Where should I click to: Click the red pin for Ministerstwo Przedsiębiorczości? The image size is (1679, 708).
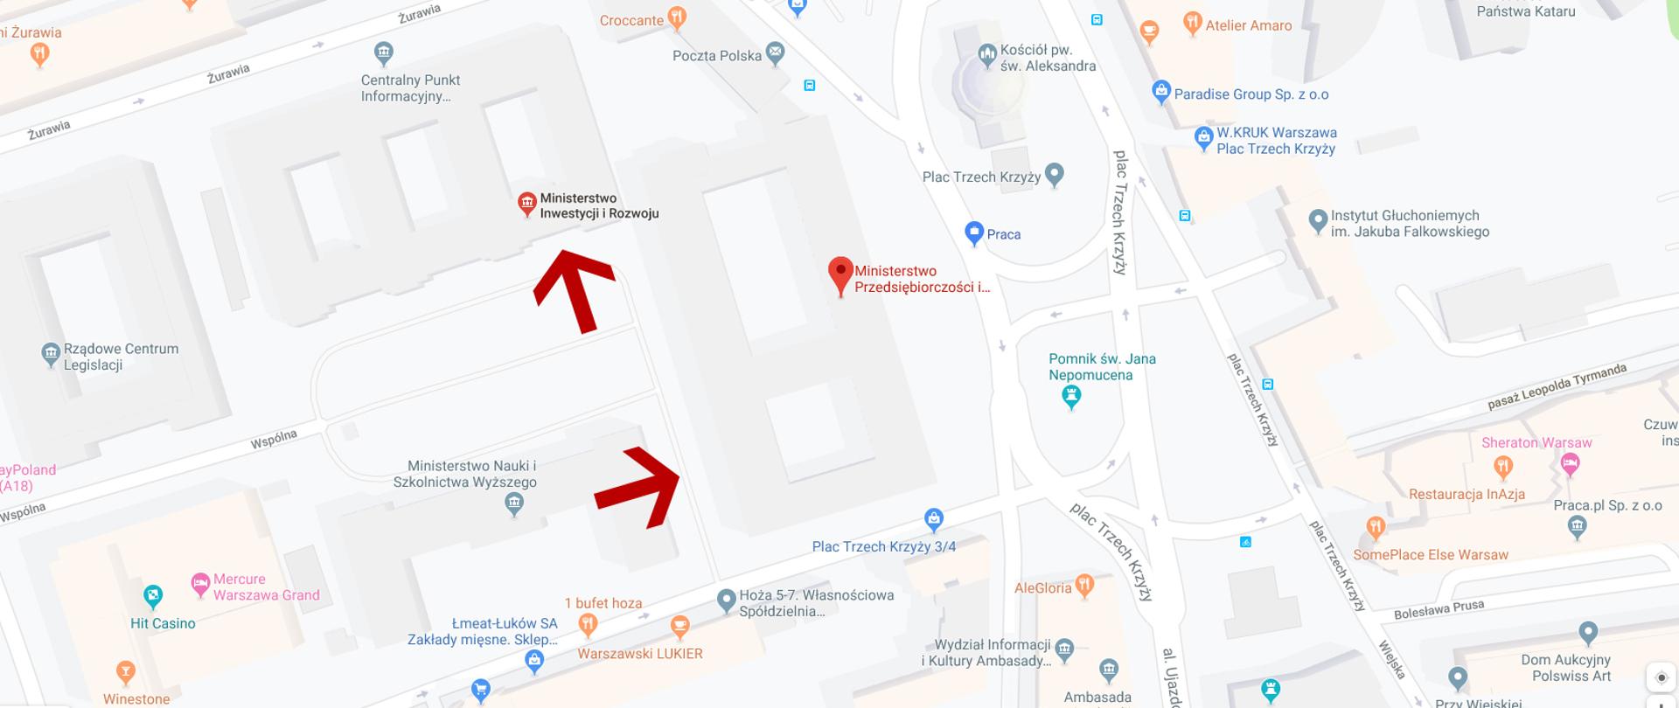tap(840, 274)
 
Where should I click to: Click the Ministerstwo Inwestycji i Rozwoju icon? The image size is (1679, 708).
tap(526, 205)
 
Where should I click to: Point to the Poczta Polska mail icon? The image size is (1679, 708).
tap(775, 54)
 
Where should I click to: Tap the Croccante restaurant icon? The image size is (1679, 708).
tap(676, 17)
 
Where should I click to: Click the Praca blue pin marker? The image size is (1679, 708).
tap(974, 233)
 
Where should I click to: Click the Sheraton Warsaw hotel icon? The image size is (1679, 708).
tap(1570, 464)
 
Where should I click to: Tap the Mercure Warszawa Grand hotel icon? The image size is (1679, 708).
tap(200, 584)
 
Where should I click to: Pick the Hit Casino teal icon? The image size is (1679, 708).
tap(153, 597)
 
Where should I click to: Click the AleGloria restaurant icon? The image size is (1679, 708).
tap(1084, 585)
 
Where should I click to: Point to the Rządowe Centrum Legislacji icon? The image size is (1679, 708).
tap(51, 355)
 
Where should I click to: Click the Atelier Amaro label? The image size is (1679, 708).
tap(1248, 25)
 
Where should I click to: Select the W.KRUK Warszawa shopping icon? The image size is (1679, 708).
tap(1204, 137)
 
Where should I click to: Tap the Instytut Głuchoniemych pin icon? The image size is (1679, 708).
tap(1318, 221)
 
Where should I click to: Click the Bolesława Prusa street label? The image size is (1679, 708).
tap(1439, 608)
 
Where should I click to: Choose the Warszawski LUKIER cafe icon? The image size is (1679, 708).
tap(679, 626)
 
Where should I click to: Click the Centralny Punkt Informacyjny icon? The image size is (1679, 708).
tap(383, 53)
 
